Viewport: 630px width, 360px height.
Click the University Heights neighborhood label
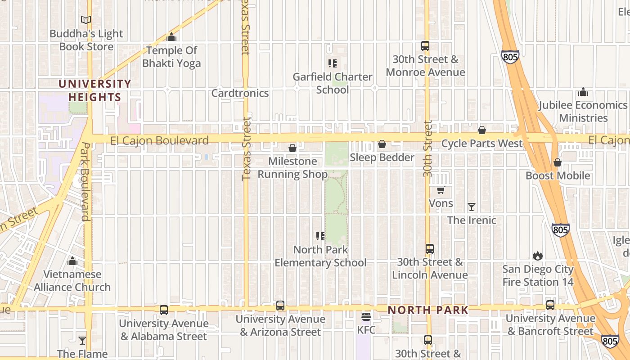(95, 90)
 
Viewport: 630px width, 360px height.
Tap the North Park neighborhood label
(428, 310)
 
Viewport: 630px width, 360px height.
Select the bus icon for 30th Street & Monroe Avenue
(425, 45)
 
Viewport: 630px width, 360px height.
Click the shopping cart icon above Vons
(441, 190)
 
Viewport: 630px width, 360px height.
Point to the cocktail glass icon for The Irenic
(472, 207)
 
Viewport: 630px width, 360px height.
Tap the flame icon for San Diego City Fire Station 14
(538, 256)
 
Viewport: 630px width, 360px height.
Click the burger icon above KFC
(366, 316)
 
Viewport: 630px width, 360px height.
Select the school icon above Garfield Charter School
(333, 63)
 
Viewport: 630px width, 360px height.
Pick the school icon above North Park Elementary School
(320, 236)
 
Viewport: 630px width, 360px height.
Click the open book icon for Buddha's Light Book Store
(86, 20)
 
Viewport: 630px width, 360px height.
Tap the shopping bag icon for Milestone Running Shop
(292, 148)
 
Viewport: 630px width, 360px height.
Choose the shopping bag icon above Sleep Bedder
(382, 144)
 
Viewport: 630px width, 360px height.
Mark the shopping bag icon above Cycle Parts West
(482, 130)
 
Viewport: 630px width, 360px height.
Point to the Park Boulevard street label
(85, 181)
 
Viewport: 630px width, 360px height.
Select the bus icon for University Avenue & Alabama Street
(164, 310)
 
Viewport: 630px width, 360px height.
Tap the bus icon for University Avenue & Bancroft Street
(550, 305)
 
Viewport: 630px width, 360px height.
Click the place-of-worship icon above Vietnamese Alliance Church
(72, 261)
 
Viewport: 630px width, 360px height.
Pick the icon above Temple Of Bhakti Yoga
(171, 37)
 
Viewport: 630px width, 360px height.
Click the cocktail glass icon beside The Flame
(82, 341)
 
